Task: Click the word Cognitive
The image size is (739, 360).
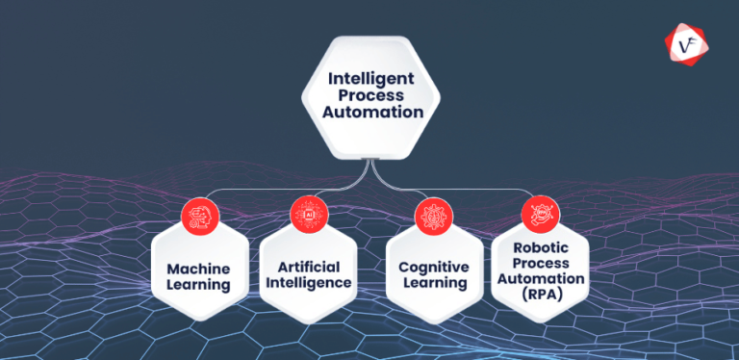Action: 432,267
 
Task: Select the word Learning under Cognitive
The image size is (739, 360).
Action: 432,284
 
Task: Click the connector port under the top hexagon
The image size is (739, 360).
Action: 369,160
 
